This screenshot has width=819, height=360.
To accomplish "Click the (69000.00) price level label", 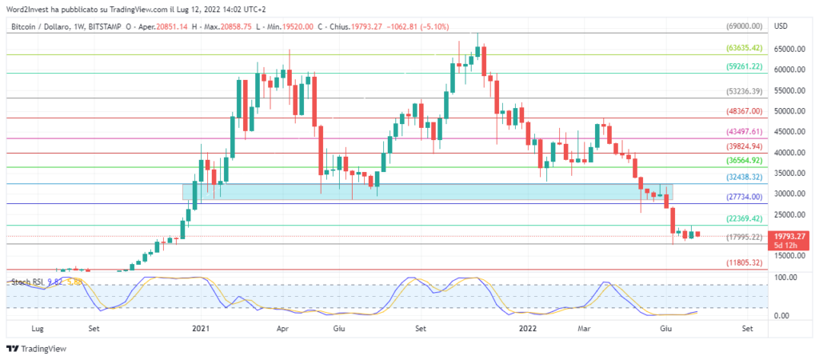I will click(744, 26).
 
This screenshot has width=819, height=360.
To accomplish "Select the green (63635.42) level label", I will click(744, 48).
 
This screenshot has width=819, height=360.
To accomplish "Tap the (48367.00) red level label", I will click(744, 111).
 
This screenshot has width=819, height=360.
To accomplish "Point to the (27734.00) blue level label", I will click(744, 197).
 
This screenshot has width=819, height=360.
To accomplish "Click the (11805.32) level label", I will click(744, 263).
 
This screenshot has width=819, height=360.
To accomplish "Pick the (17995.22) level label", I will click(744, 238).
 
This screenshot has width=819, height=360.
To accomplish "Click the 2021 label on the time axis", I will click(201, 328).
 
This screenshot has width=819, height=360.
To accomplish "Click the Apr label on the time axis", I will click(282, 328).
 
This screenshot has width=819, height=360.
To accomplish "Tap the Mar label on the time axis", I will click(585, 328).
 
